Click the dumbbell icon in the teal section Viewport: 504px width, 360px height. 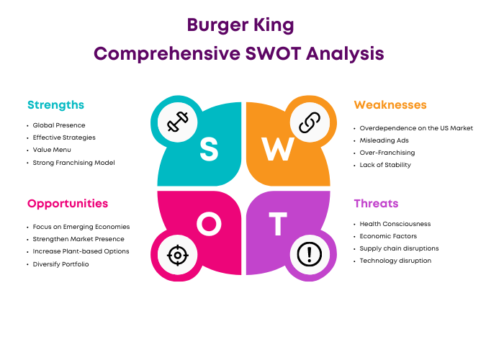(177, 122)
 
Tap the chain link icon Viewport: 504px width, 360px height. (310, 122)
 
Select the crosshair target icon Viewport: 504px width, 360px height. (178, 255)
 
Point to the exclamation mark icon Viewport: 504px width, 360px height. (310, 254)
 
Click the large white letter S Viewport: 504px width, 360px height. (209, 149)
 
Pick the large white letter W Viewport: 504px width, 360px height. (278, 149)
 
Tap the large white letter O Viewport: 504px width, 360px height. (209, 224)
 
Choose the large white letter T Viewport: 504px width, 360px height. (278, 224)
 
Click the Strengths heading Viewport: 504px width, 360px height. (55, 105)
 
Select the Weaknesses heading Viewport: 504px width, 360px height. (390, 105)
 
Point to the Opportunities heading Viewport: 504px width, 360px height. (68, 204)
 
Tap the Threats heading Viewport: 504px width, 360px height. (376, 204)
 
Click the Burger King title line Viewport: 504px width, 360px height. (240, 25)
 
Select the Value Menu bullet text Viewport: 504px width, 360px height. (52, 150)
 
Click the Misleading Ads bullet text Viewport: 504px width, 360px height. (384, 140)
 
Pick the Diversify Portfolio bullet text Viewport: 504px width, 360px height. (60, 264)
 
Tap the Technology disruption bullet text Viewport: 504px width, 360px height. (395, 261)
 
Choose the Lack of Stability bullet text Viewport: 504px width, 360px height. (385, 165)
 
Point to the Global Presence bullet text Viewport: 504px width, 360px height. (59, 125)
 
